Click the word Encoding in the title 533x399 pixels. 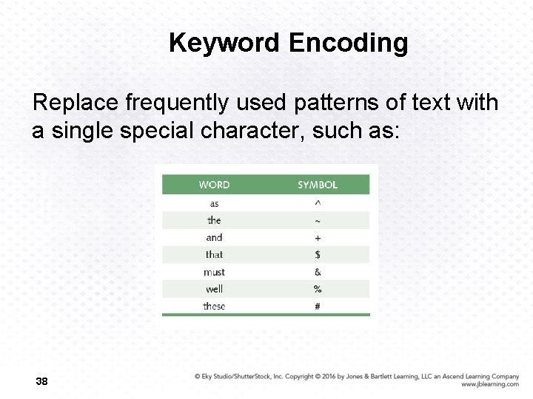[348, 43]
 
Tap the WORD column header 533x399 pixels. [214, 185]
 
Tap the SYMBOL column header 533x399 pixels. [318, 185]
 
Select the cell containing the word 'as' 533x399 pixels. [214, 203]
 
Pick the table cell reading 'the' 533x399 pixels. [214, 220]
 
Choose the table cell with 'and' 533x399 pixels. [214, 237]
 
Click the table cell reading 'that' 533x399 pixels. [214, 254]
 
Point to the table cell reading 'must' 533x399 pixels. [214, 272]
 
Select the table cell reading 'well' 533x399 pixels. [214, 289]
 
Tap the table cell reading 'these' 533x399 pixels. [214, 306]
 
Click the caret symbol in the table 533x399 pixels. [318, 203]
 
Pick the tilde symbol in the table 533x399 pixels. [318, 221]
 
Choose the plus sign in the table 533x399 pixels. [318, 238]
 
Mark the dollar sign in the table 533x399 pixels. [318, 254]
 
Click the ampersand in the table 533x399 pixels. [318, 272]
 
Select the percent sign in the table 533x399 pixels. [318, 289]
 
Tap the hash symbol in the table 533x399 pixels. [318, 306]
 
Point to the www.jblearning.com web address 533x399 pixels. [489, 384]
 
